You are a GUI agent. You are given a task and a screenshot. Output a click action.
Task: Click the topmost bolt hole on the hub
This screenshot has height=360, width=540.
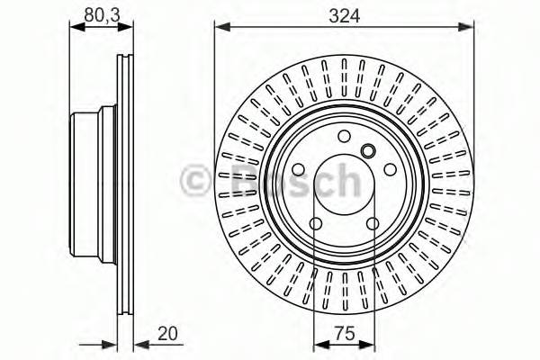click(343, 137)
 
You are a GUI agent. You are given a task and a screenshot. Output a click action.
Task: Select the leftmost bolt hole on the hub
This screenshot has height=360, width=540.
click(299, 169)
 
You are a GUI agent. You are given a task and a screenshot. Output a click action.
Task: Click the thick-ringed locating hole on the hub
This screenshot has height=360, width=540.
click(366, 150)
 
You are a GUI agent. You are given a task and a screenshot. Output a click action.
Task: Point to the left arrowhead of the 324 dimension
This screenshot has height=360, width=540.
click(220, 28)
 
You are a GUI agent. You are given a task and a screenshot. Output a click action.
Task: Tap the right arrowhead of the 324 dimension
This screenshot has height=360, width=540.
click(468, 28)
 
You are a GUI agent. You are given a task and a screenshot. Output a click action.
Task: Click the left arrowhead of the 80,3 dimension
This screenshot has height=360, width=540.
click(76, 28)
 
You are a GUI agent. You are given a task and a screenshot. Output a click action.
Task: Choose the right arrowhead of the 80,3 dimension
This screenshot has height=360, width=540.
click(129, 28)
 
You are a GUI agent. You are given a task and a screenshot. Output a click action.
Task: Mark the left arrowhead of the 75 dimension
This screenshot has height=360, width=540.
click(319, 345)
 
